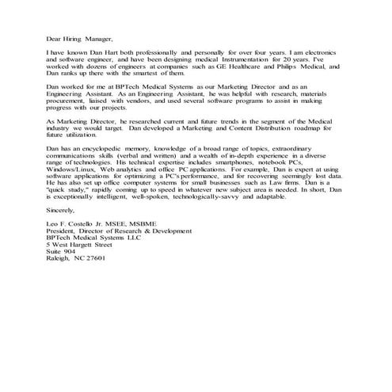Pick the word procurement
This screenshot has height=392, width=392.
(69, 103)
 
